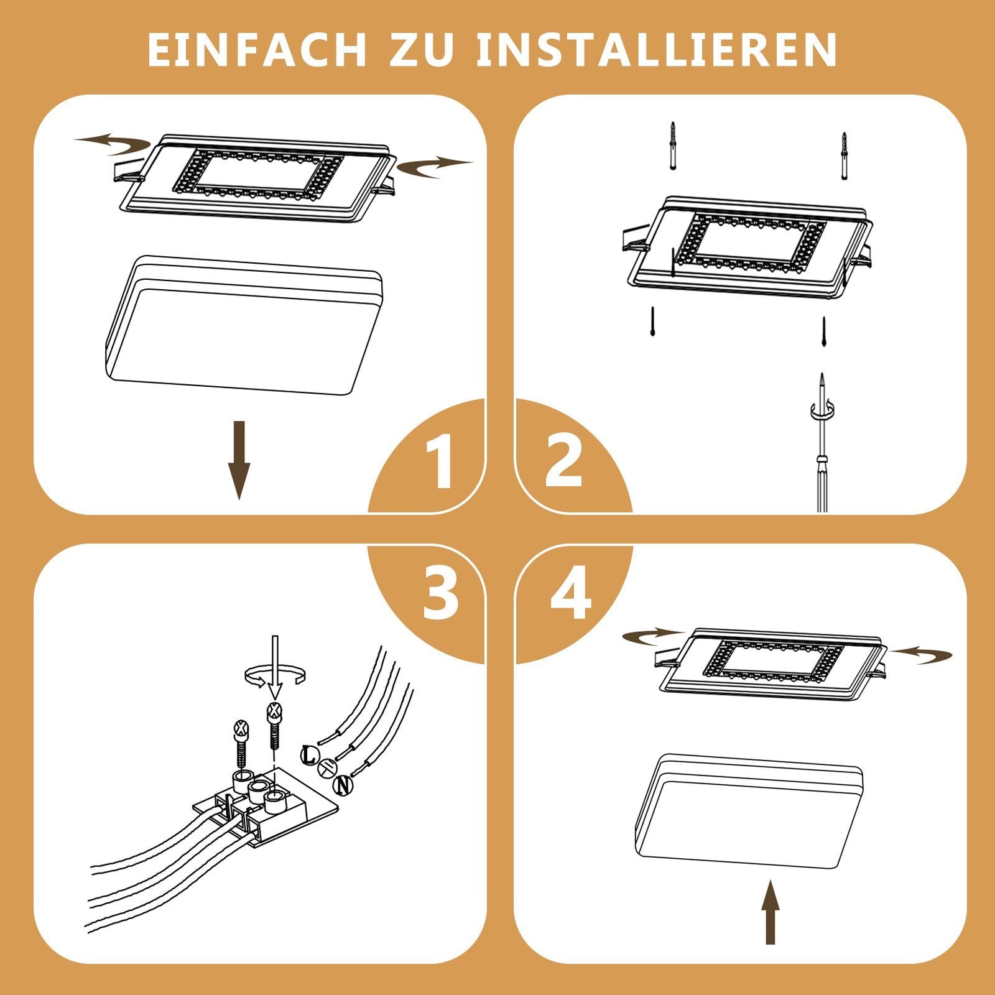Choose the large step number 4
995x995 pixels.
click(571, 594)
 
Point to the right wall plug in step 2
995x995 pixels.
click(844, 155)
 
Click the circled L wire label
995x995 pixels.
click(309, 755)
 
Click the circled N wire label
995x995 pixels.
click(343, 785)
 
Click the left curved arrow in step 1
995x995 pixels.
click(112, 144)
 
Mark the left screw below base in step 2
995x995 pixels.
click(652, 322)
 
